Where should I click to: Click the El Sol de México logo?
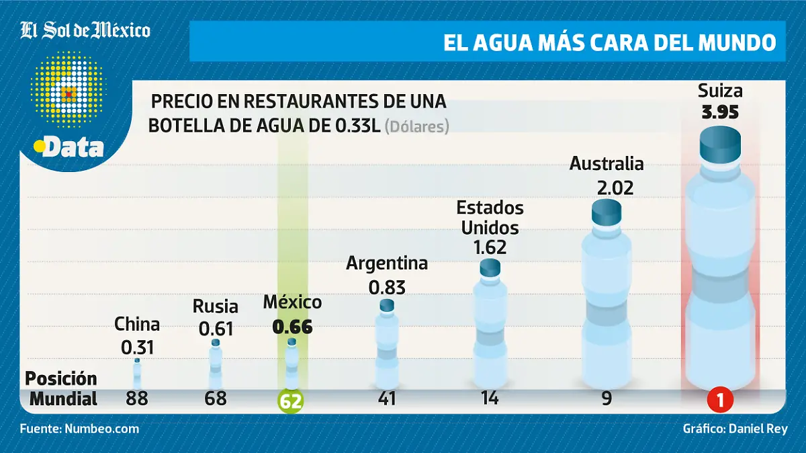click(85, 30)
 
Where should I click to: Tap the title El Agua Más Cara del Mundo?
click(609, 42)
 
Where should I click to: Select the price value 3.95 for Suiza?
click(720, 112)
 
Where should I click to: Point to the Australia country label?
click(607, 163)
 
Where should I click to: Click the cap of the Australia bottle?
click(607, 211)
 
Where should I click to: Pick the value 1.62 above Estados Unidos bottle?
click(490, 247)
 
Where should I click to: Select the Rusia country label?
click(215, 306)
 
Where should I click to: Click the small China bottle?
click(137, 374)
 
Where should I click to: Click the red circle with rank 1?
click(719, 401)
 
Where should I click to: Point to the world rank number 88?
click(137, 399)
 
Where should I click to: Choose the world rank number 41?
click(387, 399)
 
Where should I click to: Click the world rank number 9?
click(607, 399)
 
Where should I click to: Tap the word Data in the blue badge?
click(73, 149)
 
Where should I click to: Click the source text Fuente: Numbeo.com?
click(80, 428)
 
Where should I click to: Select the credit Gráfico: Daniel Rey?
click(735, 428)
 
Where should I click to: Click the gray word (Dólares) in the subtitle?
click(416, 126)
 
